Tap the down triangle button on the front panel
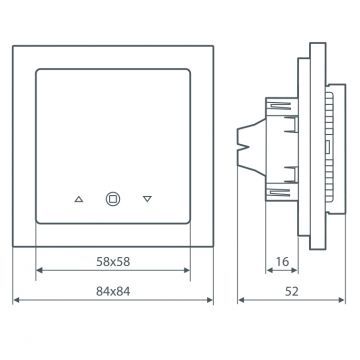[148, 198]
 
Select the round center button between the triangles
[113, 198]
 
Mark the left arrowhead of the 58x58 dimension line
[40, 270]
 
